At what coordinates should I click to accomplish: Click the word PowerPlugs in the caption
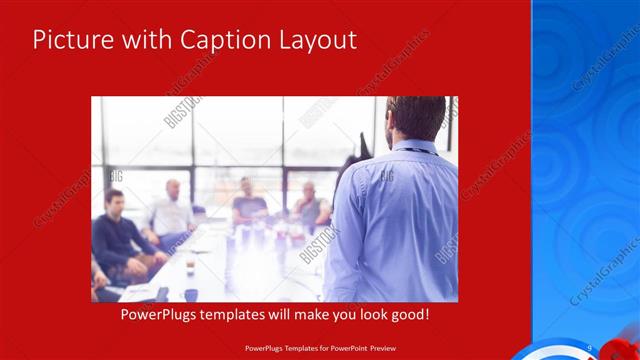click(x=158, y=314)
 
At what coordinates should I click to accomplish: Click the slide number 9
click(x=590, y=347)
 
